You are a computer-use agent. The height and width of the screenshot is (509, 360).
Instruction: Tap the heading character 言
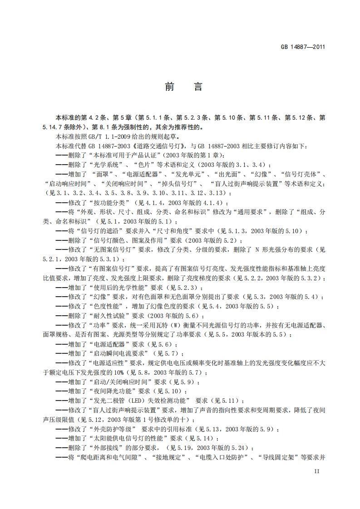(198, 87)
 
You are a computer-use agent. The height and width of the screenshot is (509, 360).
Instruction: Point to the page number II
(317, 472)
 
